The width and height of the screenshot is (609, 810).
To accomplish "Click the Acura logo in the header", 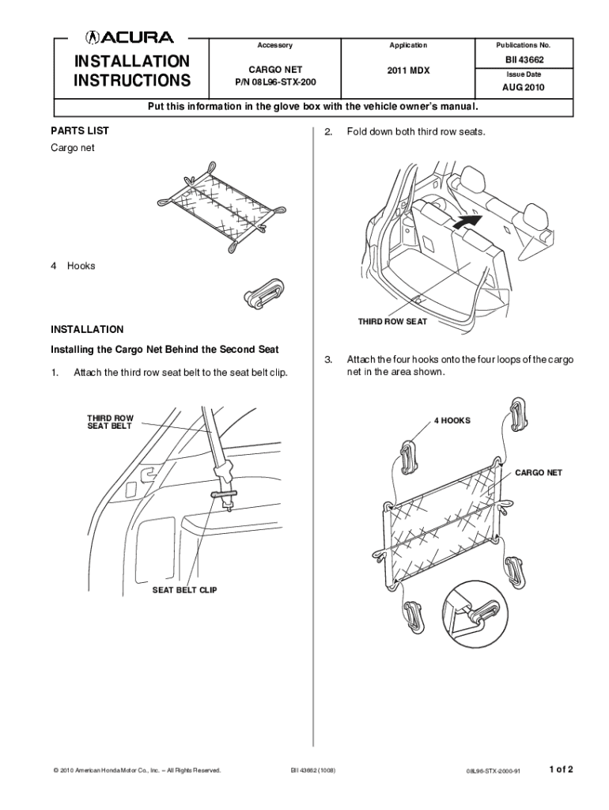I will pyautogui.click(x=130, y=36).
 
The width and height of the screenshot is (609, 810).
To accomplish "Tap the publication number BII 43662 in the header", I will pyautogui.click(x=523, y=60).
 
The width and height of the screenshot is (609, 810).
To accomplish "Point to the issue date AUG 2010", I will pyautogui.click(x=523, y=88).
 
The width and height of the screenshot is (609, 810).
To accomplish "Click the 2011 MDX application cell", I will pyautogui.click(x=408, y=70).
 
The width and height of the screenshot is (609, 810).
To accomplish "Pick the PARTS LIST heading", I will pyautogui.click(x=80, y=131).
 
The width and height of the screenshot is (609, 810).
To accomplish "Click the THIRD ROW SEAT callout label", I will pyautogui.click(x=392, y=322).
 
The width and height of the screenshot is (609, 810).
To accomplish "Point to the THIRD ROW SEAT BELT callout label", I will pyautogui.click(x=110, y=422).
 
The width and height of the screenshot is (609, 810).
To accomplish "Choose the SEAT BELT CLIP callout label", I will pyautogui.click(x=184, y=590).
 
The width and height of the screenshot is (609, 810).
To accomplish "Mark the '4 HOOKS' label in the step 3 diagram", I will pyautogui.click(x=452, y=420).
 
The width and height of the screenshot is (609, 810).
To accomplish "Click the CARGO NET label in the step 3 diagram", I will pyautogui.click(x=539, y=472).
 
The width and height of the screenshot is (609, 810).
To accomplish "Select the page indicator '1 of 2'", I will pyautogui.click(x=560, y=768).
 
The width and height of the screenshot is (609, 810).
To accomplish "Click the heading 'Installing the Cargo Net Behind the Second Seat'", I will pyautogui.click(x=165, y=349).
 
